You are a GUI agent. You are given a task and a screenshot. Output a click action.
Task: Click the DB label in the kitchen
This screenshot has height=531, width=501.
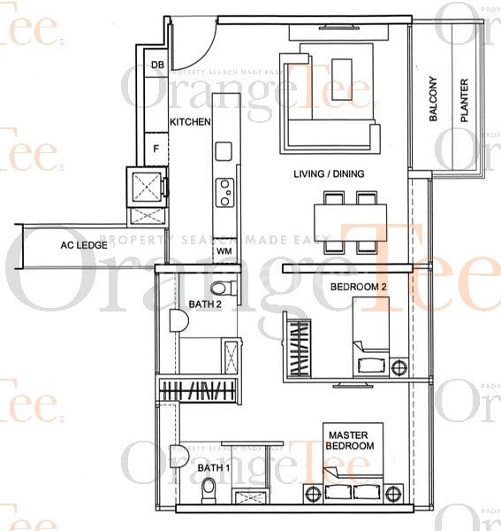point(157,65)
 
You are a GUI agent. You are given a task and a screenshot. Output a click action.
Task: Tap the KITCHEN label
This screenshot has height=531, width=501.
point(190,121)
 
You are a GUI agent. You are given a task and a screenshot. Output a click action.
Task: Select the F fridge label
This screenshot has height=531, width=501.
point(156,149)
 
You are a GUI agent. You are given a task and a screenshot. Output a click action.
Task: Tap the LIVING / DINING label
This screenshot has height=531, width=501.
point(329,174)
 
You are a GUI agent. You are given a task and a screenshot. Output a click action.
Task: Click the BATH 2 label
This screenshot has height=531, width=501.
point(205,306)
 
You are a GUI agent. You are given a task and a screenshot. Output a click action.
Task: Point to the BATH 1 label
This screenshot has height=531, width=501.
point(212,467)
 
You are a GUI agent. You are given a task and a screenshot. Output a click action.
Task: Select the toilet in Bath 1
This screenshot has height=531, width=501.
point(209,489)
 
